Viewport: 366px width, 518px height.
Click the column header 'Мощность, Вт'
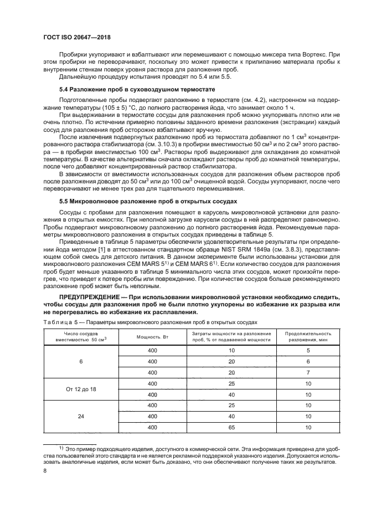click(152, 337)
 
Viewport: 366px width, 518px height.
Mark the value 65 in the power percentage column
click(231, 427)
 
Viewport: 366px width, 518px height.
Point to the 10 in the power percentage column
click(231, 351)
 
